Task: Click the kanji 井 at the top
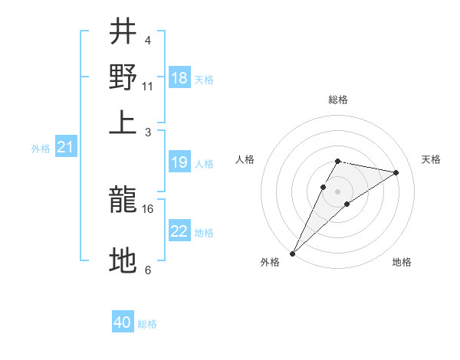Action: (x=123, y=32)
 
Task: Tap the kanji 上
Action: (x=123, y=122)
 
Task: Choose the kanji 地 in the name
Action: (x=123, y=261)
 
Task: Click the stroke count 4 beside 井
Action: (x=147, y=40)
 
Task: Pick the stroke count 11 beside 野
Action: (x=148, y=86)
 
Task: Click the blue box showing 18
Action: (x=179, y=78)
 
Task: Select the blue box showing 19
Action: (x=179, y=162)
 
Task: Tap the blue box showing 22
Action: (x=179, y=231)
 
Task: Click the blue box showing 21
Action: (x=64, y=147)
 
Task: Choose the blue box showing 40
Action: (x=123, y=322)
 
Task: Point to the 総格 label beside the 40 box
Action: (x=147, y=324)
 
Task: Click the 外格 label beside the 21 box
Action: (x=40, y=149)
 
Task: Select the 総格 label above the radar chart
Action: (x=337, y=100)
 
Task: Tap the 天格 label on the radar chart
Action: (x=431, y=159)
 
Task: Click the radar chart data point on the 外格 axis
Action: (x=293, y=253)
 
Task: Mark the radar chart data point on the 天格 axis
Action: (x=396, y=172)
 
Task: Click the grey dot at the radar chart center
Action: (x=337, y=191)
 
